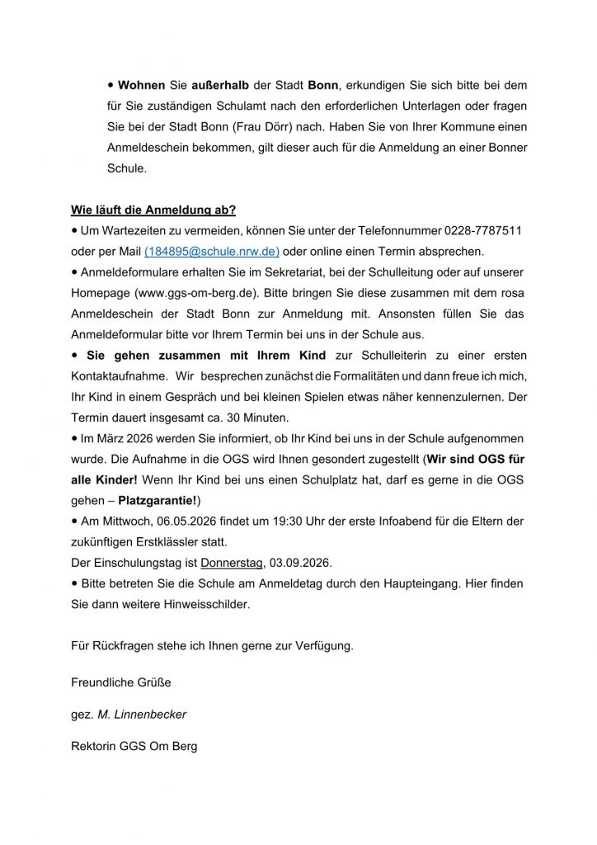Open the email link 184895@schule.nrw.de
click(x=212, y=251)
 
